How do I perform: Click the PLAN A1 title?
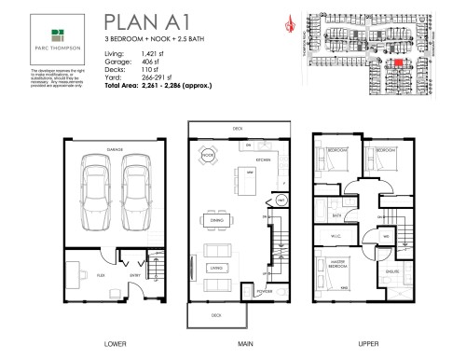point(146,21)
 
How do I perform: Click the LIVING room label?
point(216,267)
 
